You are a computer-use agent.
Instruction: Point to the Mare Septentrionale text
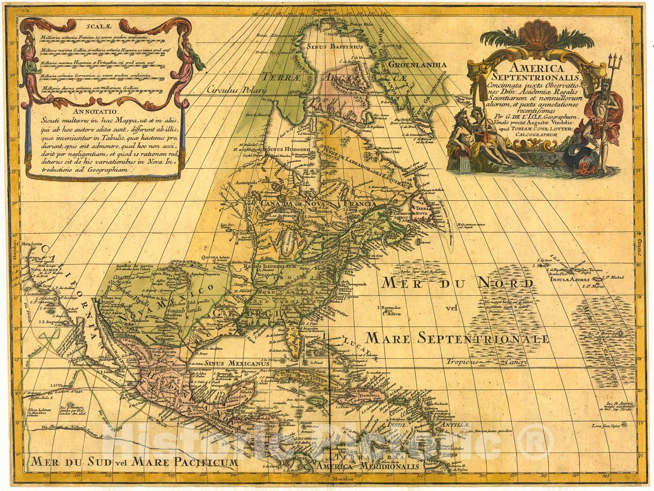click(x=457, y=338)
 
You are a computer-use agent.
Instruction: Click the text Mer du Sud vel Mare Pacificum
click(x=128, y=463)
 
